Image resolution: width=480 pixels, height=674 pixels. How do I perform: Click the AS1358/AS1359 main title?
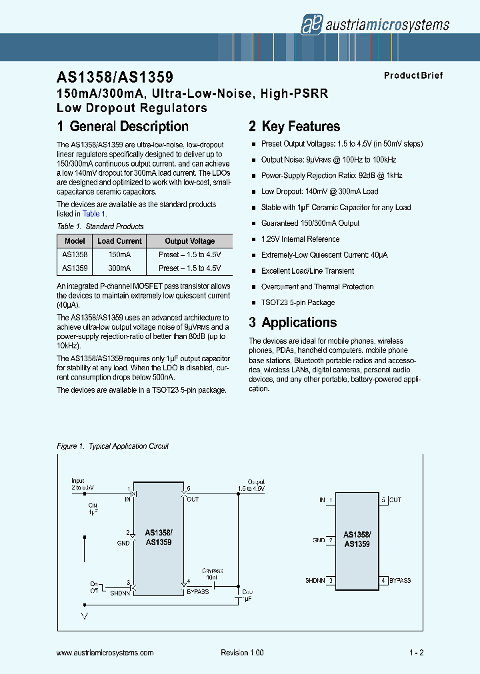(115, 78)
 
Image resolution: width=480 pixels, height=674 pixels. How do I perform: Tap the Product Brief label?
(413, 76)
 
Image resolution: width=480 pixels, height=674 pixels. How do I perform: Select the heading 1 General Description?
(123, 127)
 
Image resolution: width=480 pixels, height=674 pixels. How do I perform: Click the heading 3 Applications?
(293, 322)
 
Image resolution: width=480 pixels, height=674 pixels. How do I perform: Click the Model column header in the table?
(75, 241)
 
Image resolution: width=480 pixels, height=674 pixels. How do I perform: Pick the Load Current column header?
(119, 241)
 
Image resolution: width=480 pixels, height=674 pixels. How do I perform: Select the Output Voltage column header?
(189, 241)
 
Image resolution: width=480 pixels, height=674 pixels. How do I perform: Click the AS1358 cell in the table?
(75, 254)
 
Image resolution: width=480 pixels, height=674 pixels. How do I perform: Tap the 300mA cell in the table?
(119, 268)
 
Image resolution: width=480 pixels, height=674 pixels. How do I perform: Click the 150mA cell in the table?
(119, 254)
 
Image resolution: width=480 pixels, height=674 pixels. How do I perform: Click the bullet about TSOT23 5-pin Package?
(297, 303)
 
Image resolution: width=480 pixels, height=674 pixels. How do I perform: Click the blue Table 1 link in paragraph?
(91, 214)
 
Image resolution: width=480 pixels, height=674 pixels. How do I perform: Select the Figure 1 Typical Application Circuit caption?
(113, 446)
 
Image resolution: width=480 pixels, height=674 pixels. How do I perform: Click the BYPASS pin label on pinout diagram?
(400, 580)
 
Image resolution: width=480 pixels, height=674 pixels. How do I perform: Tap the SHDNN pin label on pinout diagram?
(315, 580)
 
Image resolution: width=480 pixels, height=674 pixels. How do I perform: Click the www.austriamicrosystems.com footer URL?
(105, 653)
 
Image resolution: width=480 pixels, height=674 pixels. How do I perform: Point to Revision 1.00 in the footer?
(242, 653)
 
